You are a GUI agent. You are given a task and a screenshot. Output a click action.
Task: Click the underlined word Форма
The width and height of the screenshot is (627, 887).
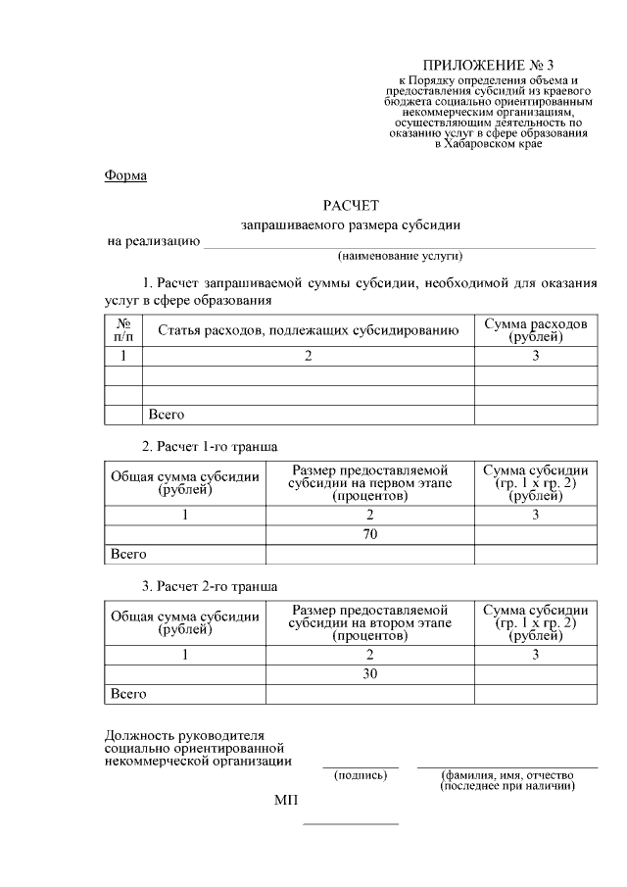coord(125,175)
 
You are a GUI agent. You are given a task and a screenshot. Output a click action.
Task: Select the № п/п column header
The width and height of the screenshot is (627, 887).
coord(123,330)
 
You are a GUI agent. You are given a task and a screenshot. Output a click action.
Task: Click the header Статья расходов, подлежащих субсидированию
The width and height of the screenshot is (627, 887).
coord(308,330)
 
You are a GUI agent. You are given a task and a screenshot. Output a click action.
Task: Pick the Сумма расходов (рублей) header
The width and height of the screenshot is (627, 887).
coord(535,330)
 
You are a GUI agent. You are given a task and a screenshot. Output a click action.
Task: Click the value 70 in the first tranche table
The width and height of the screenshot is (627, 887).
coord(369,534)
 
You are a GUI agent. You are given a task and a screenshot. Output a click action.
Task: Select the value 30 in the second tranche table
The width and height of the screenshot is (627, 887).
coord(369,674)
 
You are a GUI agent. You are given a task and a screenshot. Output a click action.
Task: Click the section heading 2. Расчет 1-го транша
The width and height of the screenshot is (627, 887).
coord(210,446)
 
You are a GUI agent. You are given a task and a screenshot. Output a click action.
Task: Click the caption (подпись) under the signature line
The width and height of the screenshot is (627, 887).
coord(361,775)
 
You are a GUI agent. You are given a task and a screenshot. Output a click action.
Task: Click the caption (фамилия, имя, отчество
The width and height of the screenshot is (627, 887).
coord(506,775)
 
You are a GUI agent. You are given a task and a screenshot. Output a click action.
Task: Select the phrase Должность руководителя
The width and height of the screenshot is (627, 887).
coord(183,736)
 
